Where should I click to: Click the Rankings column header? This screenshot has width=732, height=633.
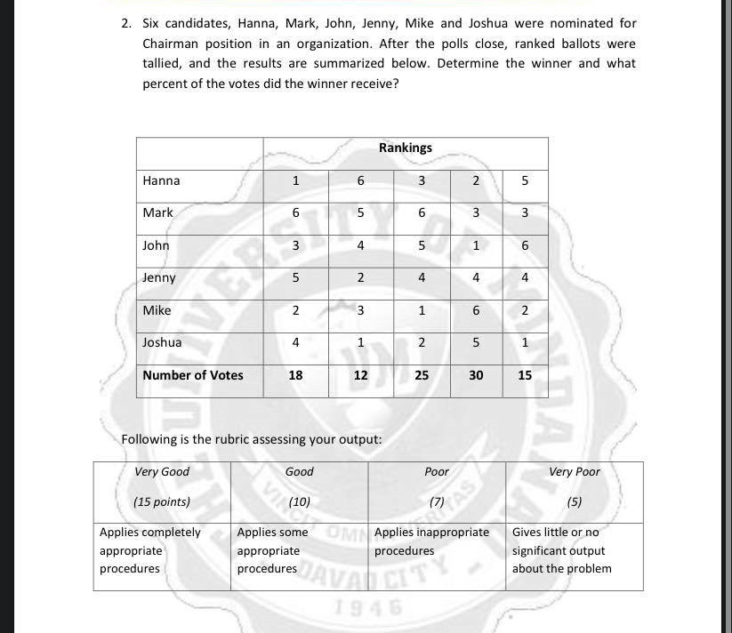[x=405, y=148]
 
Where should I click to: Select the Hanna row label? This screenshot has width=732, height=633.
[x=161, y=180]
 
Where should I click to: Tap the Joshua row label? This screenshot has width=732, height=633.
[x=162, y=342]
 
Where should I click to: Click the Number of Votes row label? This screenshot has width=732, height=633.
[x=192, y=375]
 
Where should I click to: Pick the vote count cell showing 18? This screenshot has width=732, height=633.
[x=295, y=375]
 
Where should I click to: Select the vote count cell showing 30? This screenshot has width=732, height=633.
[x=476, y=375]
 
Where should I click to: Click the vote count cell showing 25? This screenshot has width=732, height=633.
[x=422, y=375]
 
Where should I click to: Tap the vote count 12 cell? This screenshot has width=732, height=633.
[x=360, y=375]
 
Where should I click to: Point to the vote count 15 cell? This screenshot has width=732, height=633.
[x=525, y=375]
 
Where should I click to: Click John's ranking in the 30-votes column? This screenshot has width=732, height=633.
[x=476, y=245]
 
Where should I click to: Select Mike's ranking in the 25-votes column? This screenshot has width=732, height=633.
[x=422, y=310]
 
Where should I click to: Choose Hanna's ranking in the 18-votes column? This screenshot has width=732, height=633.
[x=295, y=180]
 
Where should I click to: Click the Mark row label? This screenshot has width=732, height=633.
[x=157, y=212]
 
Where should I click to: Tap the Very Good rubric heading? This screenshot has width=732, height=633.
[x=162, y=471]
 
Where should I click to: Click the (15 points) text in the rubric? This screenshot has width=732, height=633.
[x=162, y=501]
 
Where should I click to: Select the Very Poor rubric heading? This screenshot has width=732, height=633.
[x=574, y=471]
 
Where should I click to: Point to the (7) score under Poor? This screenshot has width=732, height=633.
[x=436, y=501]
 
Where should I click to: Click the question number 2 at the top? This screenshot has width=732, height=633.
[x=126, y=24]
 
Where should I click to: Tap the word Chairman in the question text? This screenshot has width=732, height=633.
[x=173, y=44]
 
